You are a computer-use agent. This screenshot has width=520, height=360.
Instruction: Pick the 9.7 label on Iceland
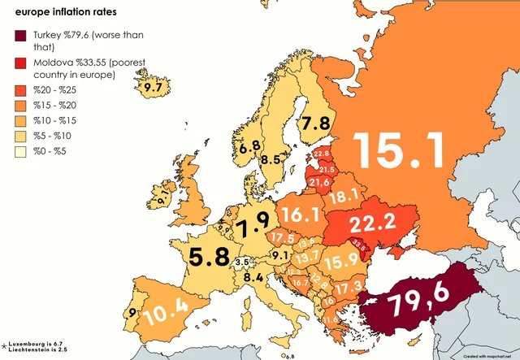coord(152,86)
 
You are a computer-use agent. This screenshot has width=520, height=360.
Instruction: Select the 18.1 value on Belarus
coord(343,195)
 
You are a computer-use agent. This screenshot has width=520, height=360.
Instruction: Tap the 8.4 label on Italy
coord(253,277)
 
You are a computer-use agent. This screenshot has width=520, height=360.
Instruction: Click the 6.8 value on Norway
coord(250,146)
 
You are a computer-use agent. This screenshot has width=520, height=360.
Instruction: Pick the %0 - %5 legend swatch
coord(20,153)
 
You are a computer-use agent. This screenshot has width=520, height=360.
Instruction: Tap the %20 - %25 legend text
coord(58,90)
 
